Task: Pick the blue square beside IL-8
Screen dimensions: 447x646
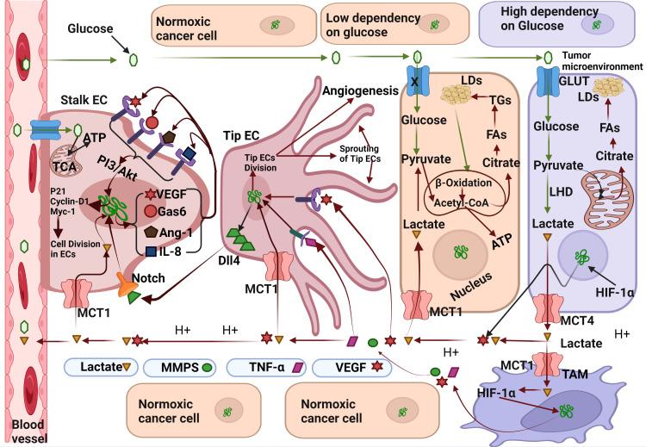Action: pyautogui.click(x=151, y=251)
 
